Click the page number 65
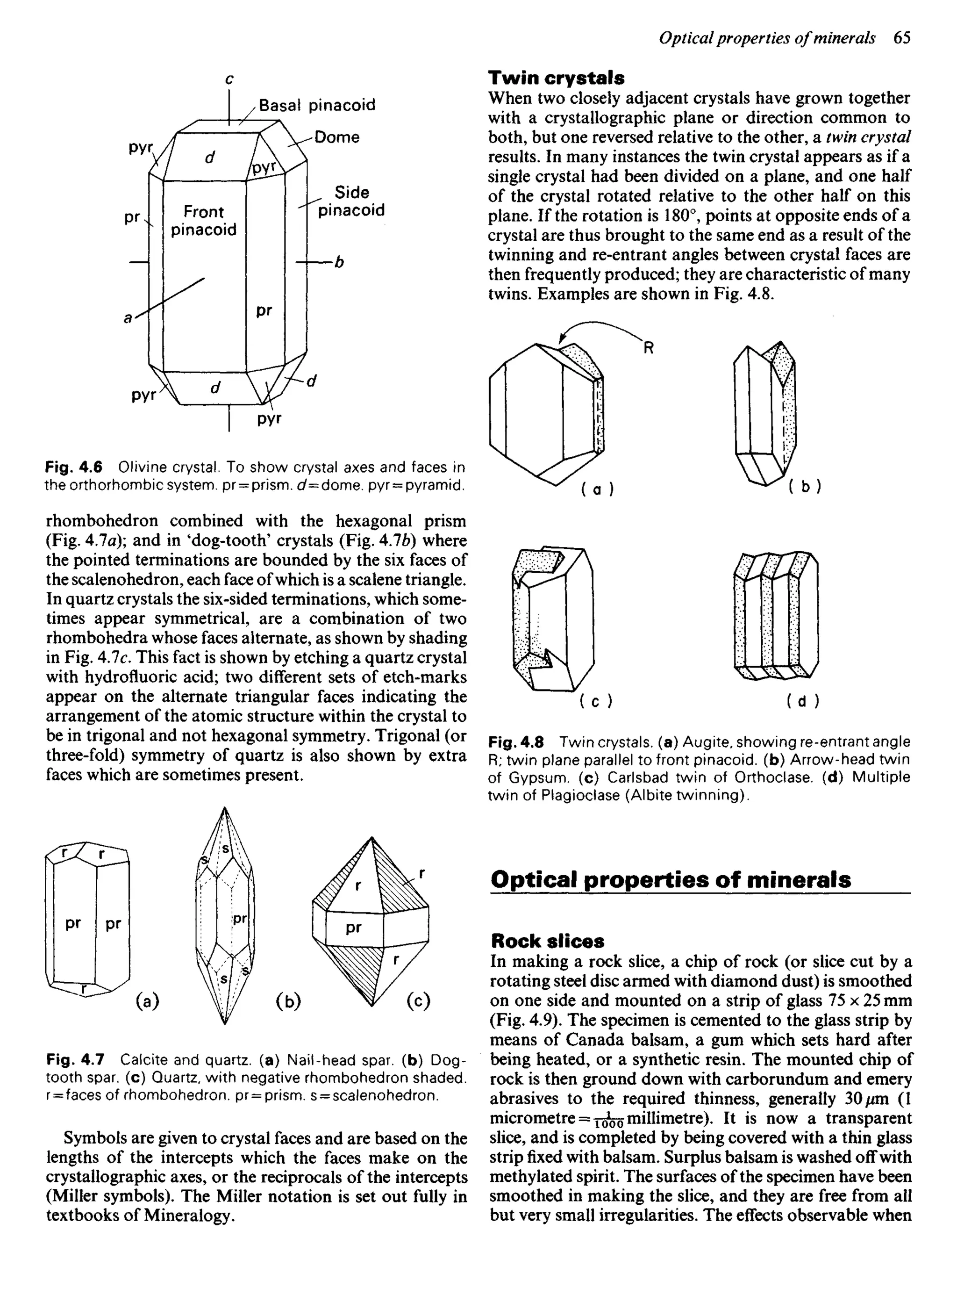click(902, 38)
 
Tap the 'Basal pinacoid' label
click(317, 105)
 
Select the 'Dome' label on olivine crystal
click(336, 137)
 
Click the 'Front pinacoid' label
click(203, 221)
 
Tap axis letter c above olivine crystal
click(229, 79)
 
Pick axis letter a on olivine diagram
click(128, 317)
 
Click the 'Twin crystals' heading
click(556, 78)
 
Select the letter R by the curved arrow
click(649, 348)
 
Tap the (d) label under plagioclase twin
click(802, 702)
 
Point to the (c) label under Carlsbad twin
click(596, 702)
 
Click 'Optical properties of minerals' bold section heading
click(670, 879)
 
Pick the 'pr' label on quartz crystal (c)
click(353, 928)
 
